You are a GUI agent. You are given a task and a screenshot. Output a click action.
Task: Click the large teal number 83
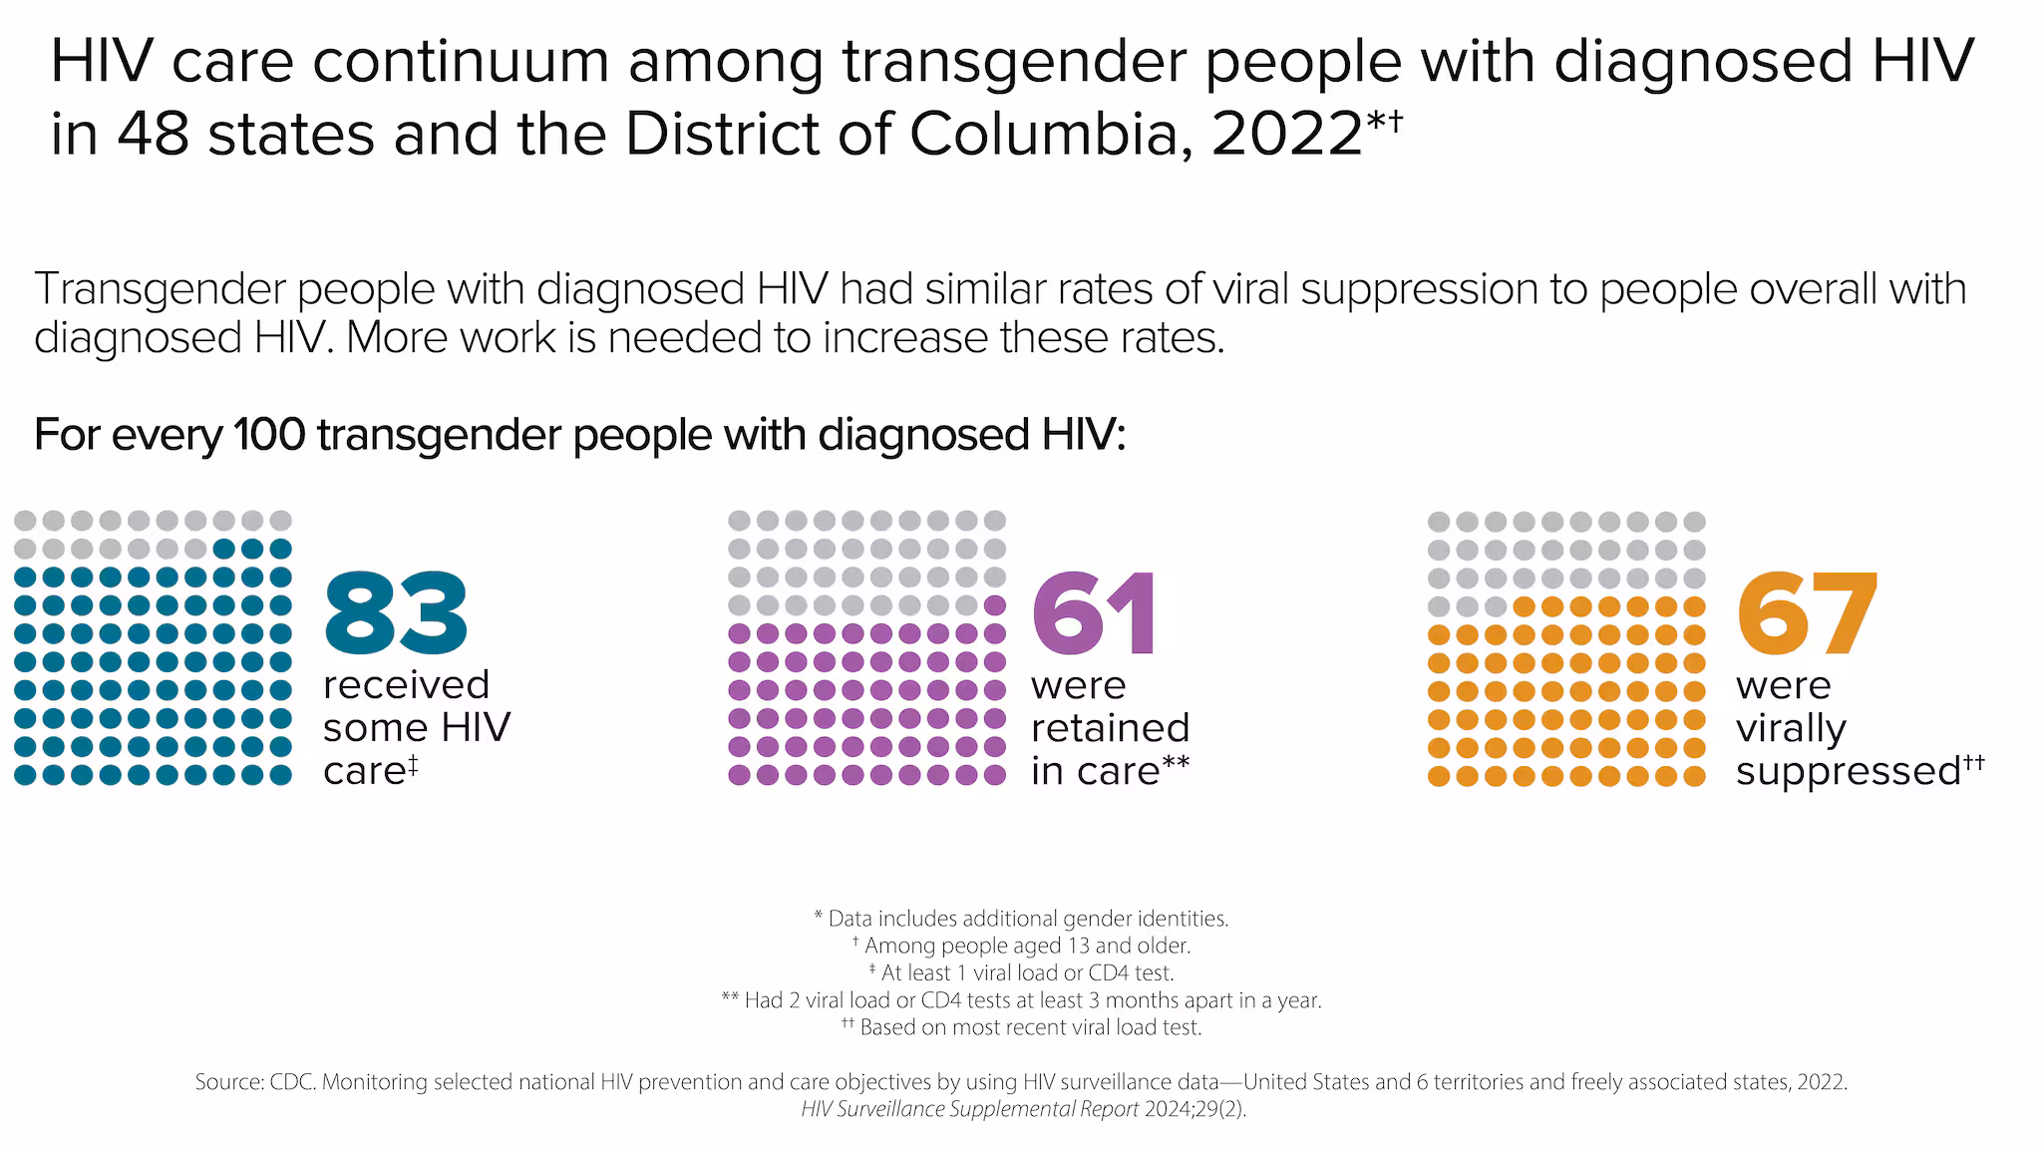(396, 611)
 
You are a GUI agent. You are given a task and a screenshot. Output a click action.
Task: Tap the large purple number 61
(1095, 611)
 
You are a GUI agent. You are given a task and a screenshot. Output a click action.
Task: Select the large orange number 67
(1807, 611)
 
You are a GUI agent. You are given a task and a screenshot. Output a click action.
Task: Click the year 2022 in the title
(1287, 136)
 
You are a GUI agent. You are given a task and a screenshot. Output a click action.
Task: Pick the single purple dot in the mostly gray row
(995, 604)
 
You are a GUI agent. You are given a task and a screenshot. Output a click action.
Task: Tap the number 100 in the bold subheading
(268, 435)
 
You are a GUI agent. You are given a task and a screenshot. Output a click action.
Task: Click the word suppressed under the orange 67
(1848, 771)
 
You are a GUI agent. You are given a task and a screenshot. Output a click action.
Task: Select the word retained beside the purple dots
(1110, 728)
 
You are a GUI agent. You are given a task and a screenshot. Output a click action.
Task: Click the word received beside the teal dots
(406, 685)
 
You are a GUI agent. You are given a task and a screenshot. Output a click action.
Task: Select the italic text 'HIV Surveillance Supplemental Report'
(969, 1109)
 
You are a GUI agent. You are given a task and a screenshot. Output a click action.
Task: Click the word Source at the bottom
(228, 1082)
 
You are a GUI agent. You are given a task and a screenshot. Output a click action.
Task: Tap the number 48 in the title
(153, 136)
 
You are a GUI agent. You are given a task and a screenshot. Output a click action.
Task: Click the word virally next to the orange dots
(1791, 728)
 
